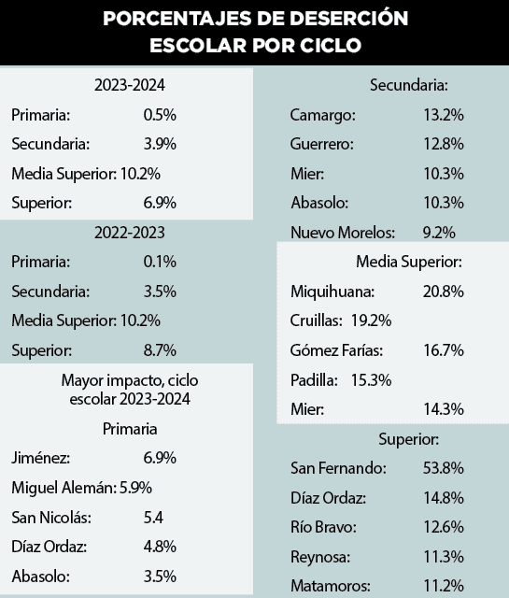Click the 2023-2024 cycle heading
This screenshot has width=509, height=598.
pos(130,86)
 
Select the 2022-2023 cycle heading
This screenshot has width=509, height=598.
pos(130,232)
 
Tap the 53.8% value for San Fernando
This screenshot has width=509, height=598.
pos(444,468)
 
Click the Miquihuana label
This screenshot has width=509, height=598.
pos(332,292)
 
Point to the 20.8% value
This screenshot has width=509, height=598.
pos(444,292)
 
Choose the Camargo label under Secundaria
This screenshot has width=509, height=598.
pos(323,116)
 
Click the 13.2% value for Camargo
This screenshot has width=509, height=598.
pos(444,116)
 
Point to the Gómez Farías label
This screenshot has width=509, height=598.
pos(338,350)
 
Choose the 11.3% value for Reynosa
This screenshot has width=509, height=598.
pos(444,557)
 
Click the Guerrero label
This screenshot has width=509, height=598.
pos(323,145)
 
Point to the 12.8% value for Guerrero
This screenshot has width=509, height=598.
pos(444,145)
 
